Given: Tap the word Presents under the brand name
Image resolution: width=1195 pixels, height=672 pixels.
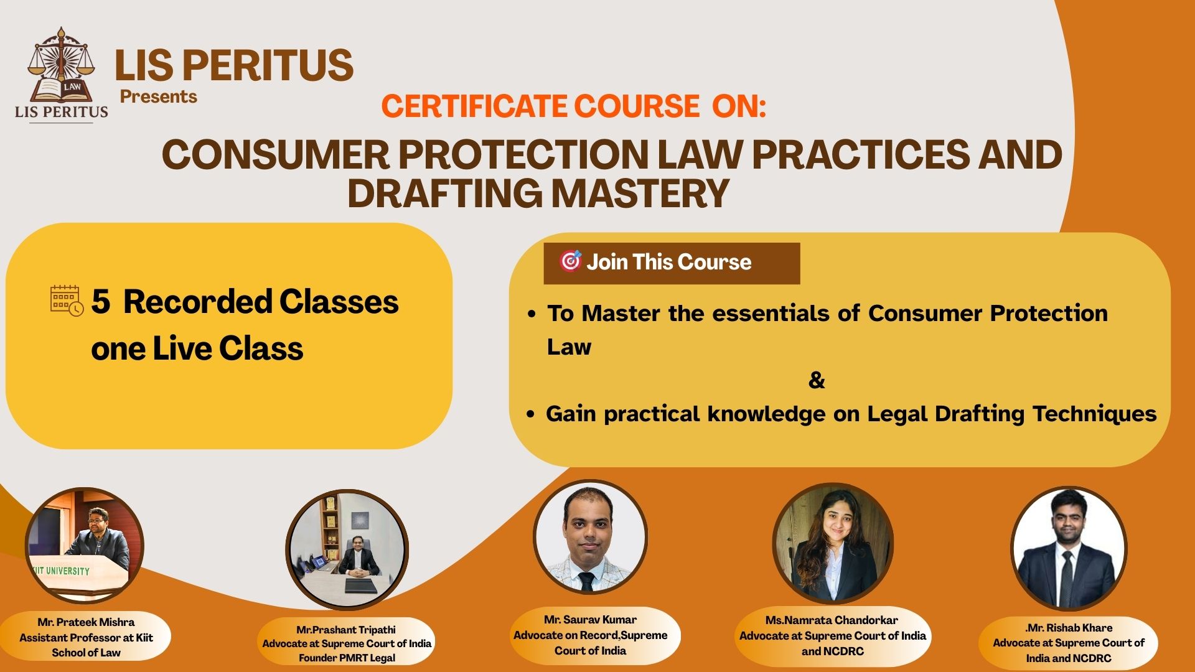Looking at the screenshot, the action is [159, 96].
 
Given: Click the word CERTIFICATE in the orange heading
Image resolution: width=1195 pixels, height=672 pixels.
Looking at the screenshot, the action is [474, 106].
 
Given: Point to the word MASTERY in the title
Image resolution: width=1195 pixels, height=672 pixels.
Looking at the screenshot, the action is [640, 192].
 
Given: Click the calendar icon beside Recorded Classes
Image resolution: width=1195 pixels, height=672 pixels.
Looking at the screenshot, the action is [67, 301].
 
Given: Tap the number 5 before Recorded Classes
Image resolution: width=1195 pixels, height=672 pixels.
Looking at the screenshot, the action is [100, 302].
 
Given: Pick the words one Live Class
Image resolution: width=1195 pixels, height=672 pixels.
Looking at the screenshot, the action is [197, 348].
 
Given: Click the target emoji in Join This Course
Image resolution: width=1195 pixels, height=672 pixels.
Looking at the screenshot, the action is [570, 261].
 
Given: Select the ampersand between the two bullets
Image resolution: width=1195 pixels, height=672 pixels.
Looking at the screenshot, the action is [817, 380].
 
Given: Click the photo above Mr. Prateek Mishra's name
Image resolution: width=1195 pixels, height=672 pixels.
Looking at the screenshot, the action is [85, 546].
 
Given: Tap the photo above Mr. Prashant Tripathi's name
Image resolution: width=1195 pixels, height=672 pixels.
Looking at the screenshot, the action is [347, 550].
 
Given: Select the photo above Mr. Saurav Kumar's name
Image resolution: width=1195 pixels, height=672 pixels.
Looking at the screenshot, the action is [590, 537].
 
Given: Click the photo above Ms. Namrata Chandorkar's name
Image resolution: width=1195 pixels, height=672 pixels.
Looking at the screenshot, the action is [833, 544].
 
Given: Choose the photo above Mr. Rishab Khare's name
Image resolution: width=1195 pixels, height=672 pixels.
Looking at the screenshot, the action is [1068, 548].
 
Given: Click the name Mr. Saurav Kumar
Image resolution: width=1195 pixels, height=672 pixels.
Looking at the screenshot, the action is [590, 620].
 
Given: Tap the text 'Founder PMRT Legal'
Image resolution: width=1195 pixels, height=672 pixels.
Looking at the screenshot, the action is [347, 658].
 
